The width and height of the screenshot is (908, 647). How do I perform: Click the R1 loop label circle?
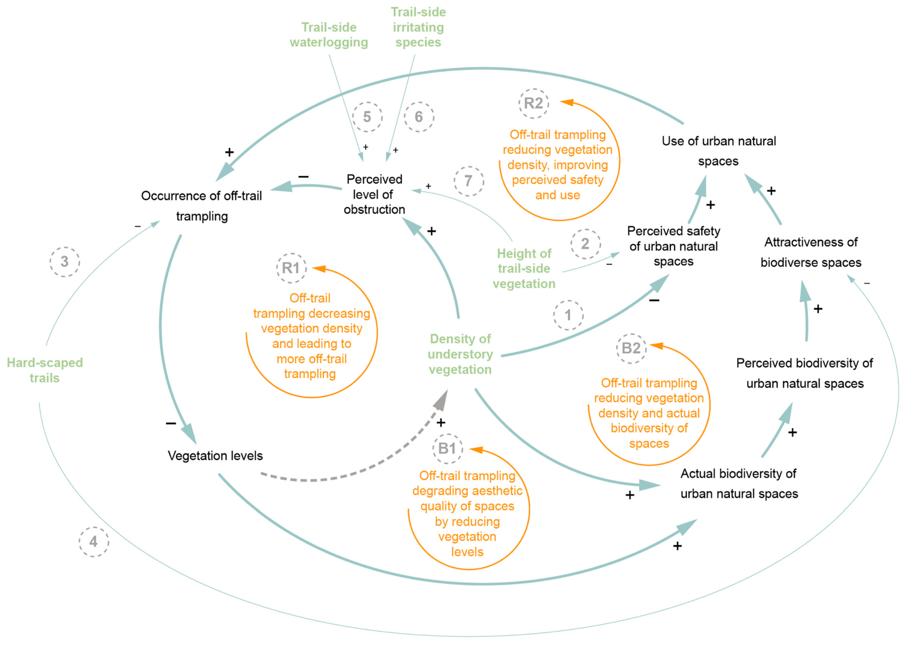point(291,268)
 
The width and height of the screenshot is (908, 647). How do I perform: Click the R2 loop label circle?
point(533,104)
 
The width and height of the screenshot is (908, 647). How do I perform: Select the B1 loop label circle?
point(447,449)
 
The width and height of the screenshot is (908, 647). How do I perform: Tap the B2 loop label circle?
point(631,349)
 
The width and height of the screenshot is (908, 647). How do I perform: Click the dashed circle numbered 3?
point(64,262)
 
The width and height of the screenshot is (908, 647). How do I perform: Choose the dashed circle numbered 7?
point(469,181)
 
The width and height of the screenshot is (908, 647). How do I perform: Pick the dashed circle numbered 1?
point(568,315)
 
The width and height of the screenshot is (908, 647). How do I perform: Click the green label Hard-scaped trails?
point(45,370)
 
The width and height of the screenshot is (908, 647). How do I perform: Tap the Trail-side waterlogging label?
point(329,35)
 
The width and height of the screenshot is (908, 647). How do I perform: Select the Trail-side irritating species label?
point(418,27)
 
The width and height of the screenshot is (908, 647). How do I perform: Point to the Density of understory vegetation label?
point(460,354)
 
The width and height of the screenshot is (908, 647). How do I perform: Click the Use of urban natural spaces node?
point(719,151)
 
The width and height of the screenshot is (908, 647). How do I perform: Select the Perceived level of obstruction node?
point(374,194)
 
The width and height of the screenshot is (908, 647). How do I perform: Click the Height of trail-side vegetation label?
point(524,268)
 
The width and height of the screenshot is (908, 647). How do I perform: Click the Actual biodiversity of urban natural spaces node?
point(739,484)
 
